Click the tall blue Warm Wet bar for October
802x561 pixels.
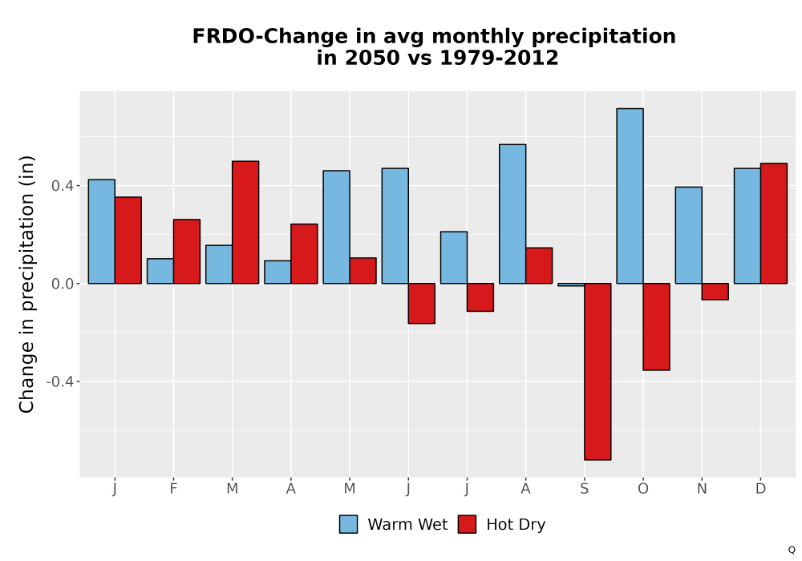(630, 196)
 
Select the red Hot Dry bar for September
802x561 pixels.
(598, 371)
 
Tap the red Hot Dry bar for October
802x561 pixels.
(656, 326)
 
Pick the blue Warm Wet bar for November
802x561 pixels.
(688, 235)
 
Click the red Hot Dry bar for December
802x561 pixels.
(774, 224)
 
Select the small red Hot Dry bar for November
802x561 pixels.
(715, 291)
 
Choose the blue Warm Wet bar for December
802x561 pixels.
(747, 226)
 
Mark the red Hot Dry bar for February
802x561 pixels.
(187, 252)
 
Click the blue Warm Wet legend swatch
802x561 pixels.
(348, 524)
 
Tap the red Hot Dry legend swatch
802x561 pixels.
(467, 524)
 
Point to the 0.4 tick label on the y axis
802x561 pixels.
(63, 185)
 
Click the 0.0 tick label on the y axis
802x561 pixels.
(63, 284)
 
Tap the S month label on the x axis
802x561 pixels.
(584, 489)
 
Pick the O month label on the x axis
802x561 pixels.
(643, 489)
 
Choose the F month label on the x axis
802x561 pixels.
(173, 489)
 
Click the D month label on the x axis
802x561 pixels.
(760, 489)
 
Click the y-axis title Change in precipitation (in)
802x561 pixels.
(26, 284)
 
